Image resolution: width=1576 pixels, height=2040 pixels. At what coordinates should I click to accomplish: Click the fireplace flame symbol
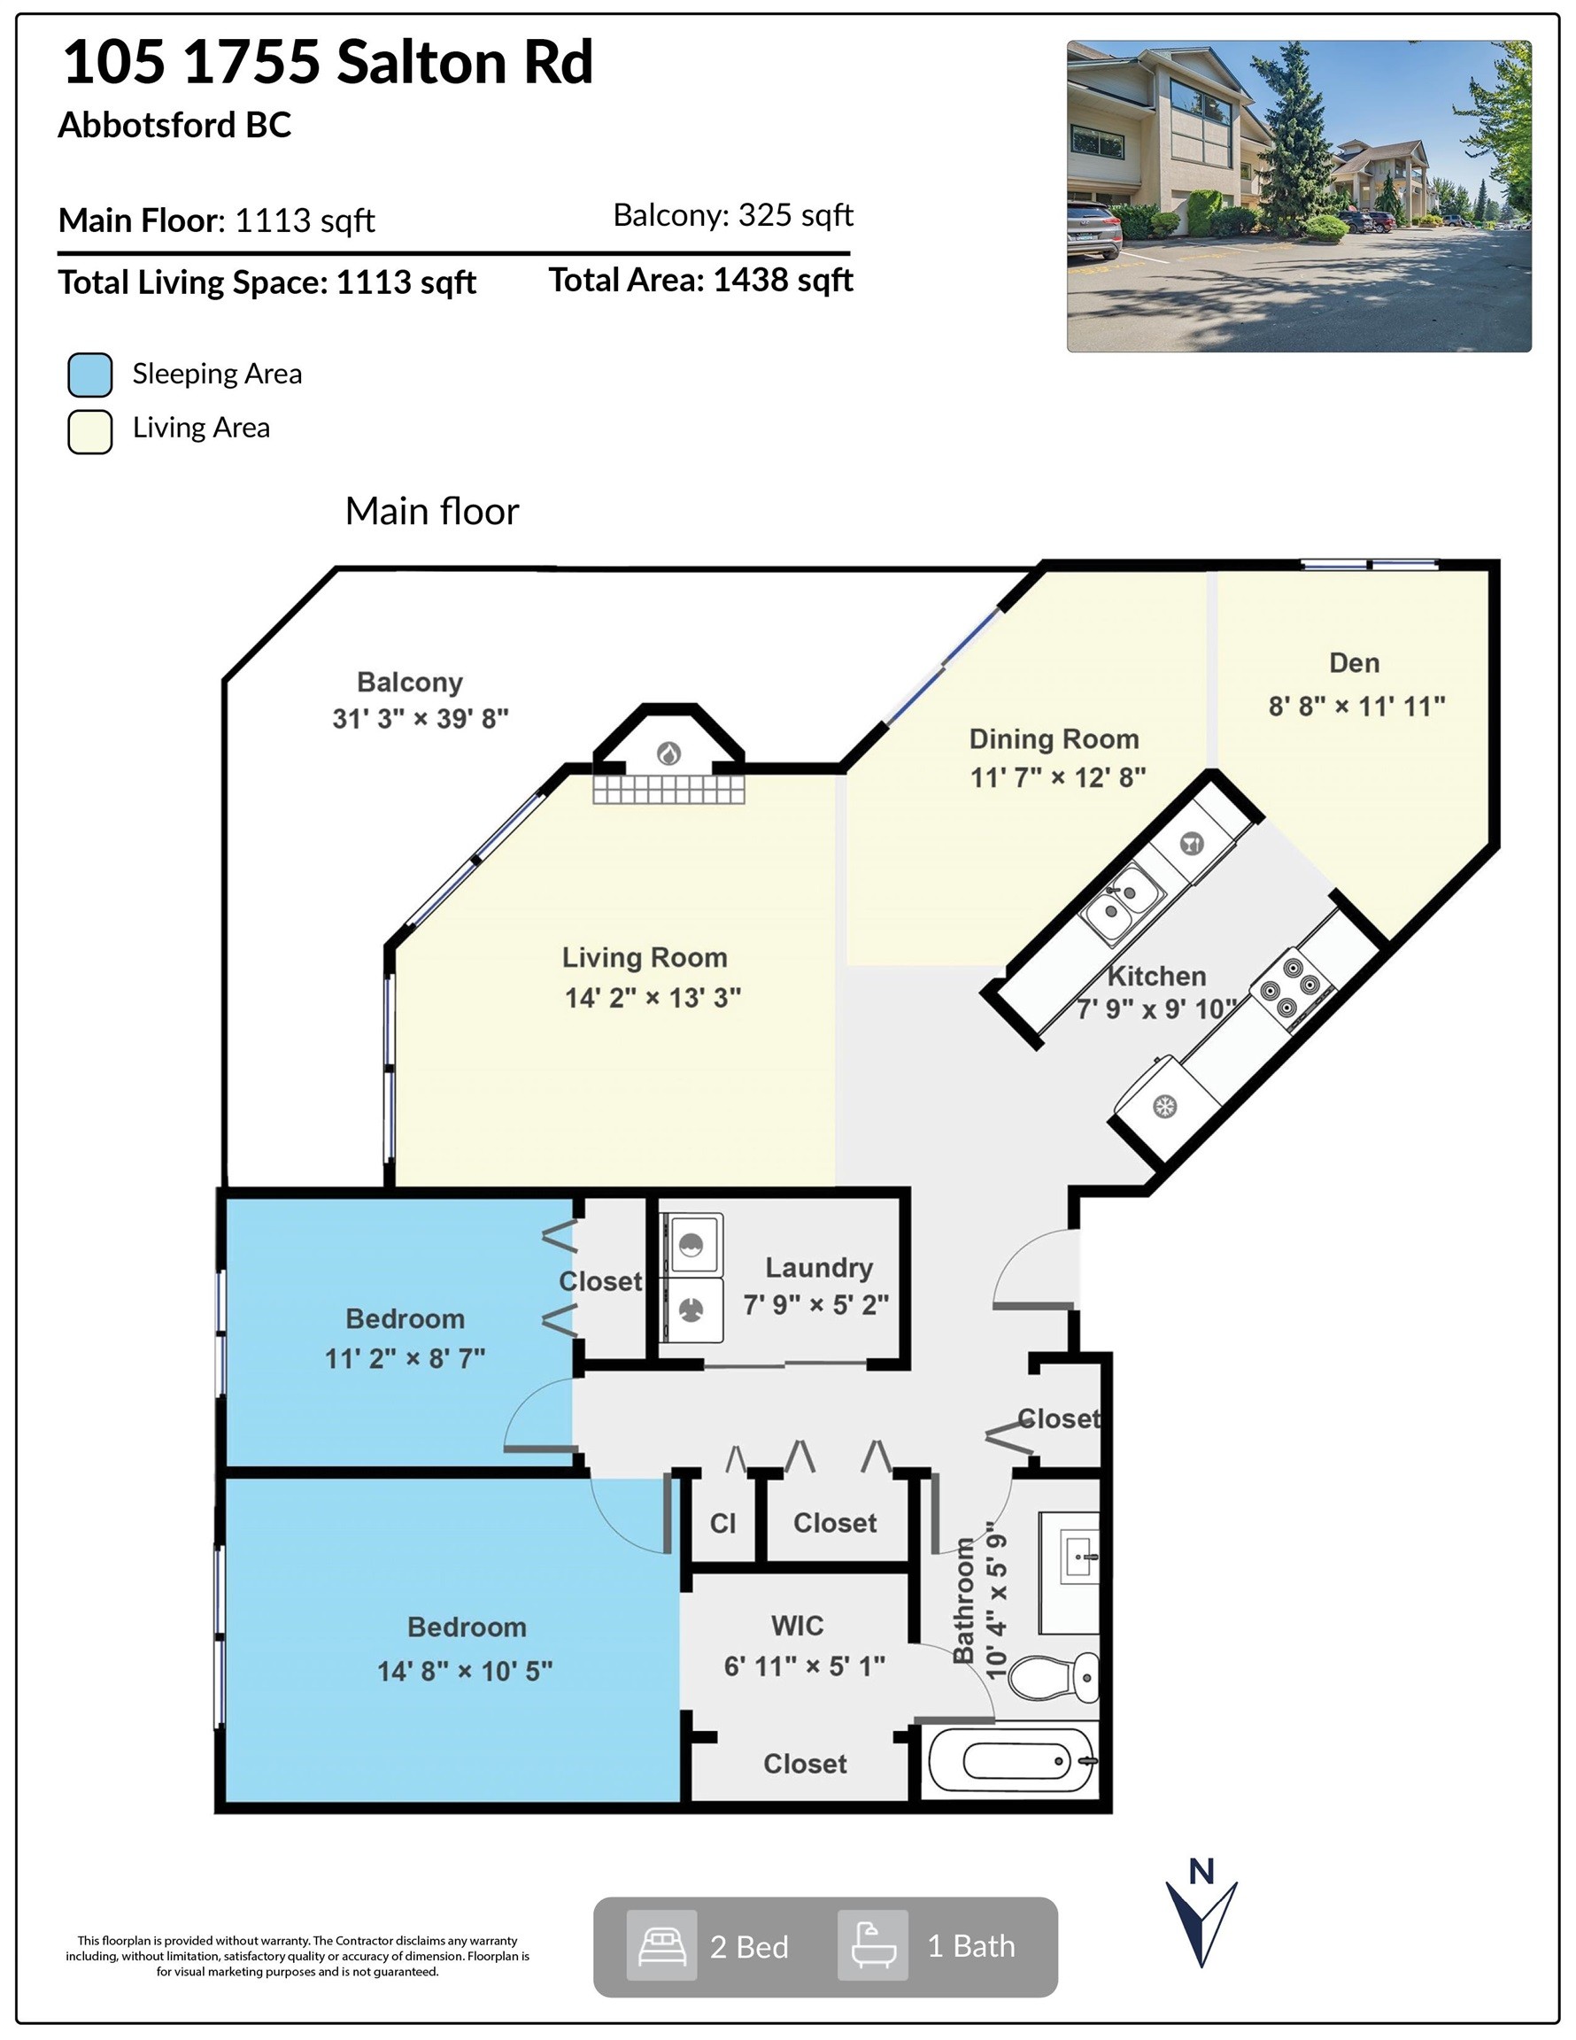pyautogui.click(x=668, y=753)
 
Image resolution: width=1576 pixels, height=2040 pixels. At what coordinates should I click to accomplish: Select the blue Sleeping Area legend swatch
pyautogui.click(x=90, y=375)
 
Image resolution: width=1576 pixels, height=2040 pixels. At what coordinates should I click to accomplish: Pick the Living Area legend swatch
pyautogui.click(x=90, y=431)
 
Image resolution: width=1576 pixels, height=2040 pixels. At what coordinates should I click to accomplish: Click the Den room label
pyautogui.click(x=1354, y=662)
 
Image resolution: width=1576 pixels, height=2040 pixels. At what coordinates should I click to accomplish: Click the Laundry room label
pyautogui.click(x=818, y=1268)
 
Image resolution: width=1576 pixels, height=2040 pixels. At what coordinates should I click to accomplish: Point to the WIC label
pyautogui.click(x=797, y=1626)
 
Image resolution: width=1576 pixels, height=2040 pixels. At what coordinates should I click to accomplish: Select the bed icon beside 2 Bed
pyautogui.click(x=661, y=1945)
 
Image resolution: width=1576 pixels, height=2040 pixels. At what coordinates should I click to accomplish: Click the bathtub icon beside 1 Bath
pyautogui.click(x=872, y=1945)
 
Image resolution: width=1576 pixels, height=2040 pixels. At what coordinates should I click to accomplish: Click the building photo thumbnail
pyautogui.click(x=1299, y=197)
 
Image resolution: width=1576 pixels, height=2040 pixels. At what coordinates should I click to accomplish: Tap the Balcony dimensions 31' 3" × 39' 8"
pyautogui.click(x=421, y=718)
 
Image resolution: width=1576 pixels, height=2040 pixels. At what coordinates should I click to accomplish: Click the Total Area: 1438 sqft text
pyautogui.click(x=700, y=279)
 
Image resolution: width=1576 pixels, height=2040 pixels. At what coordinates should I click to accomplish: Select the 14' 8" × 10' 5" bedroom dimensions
pyautogui.click(x=464, y=1671)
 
